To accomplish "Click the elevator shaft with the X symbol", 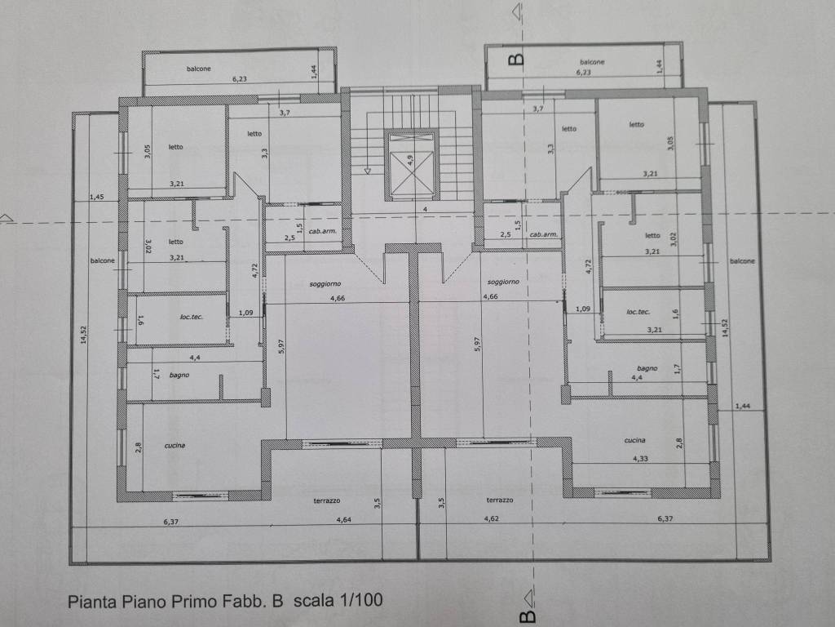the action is coord(411,165).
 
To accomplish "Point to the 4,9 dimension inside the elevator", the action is coord(410,160).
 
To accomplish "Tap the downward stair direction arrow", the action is coord(368,170).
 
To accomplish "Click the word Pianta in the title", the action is coord(91,602).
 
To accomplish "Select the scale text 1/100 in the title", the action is coord(360,600).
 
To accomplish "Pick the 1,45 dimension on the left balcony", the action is coord(96,197).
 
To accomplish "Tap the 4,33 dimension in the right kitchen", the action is coord(640,459).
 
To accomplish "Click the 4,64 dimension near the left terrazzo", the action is coord(343,520).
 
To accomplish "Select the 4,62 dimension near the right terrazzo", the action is coord(492,518).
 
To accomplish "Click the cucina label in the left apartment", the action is coord(175,445).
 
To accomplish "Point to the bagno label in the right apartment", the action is coord(647,368).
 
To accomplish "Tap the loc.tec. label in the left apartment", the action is coord(191,317).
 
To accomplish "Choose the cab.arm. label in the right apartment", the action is coord(544,234).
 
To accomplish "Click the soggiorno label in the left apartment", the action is coord(325,284).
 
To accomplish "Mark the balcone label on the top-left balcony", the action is coord(199,69).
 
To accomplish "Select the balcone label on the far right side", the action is coord(742,261).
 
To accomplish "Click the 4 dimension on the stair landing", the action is coord(425,210).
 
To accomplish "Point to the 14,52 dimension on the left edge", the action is coord(83,335).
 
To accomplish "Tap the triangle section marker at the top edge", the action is coord(516,11).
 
